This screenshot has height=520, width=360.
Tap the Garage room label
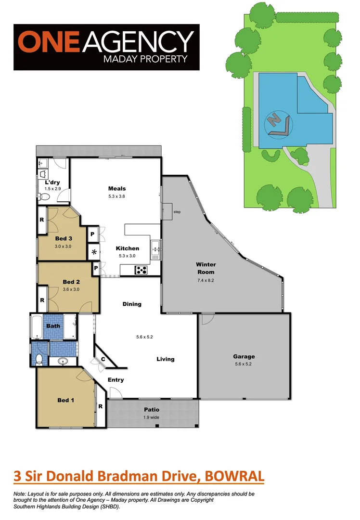(x=244, y=357)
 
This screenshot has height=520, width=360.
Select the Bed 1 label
(x=65, y=400)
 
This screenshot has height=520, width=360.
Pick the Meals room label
(x=117, y=189)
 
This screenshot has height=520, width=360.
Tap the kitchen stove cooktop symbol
(x=141, y=270)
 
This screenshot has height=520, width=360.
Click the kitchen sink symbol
(x=155, y=249)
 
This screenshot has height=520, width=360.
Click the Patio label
(x=151, y=410)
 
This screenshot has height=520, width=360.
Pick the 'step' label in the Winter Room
(x=177, y=212)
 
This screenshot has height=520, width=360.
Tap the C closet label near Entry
(x=103, y=359)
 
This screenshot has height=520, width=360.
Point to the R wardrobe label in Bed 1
(x=100, y=406)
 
